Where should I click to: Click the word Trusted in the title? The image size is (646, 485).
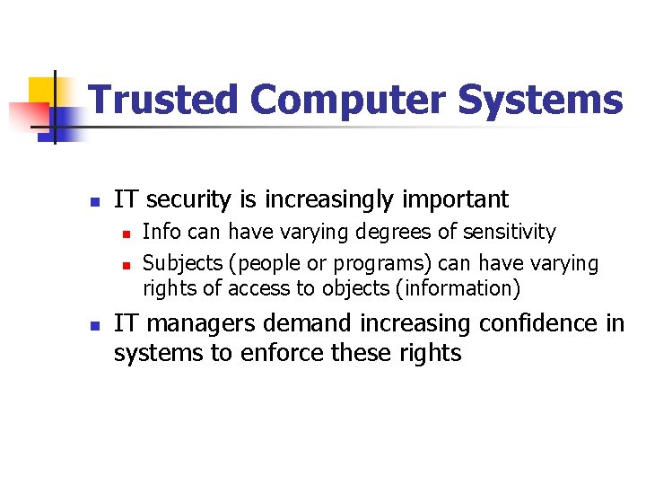pos(164,100)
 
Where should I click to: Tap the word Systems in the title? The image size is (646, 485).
pos(540,100)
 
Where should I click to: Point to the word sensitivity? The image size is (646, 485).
pos(509,233)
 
